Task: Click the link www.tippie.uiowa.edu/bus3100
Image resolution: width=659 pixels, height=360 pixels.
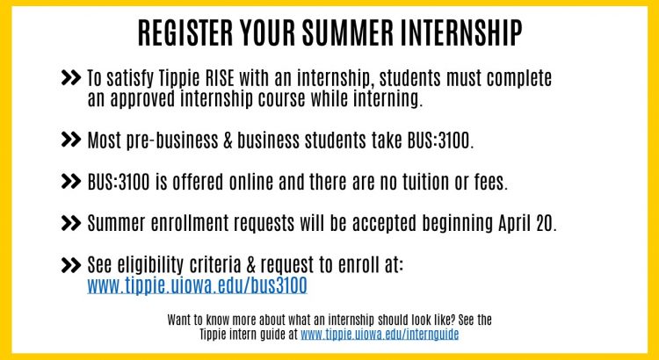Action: click(x=197, y=285)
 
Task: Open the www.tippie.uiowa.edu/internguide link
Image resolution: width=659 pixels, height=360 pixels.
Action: click(x=380, y=335)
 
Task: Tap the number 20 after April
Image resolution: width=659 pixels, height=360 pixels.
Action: click(x=546, y=224)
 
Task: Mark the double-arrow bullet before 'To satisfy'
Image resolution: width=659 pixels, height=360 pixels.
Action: click(x=70, y=78)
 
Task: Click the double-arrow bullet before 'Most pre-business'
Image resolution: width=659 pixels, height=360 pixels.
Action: click(x=70, y=140)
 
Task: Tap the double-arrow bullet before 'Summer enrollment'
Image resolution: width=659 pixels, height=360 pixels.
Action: click(x=70, y=223)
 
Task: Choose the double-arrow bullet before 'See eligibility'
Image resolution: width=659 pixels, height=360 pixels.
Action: click(x=70, y=265)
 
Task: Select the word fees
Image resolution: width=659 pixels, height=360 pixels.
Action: click(x=490, y=182)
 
